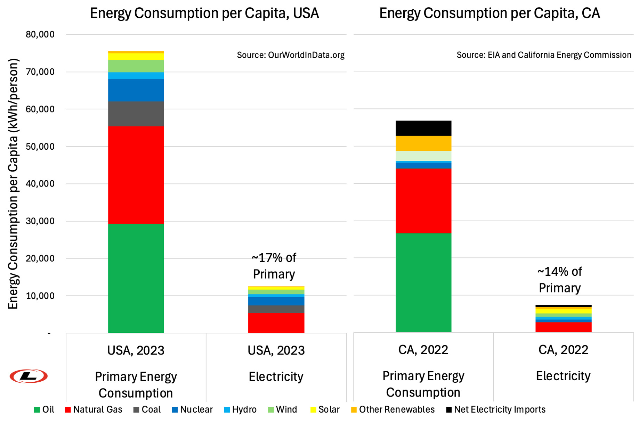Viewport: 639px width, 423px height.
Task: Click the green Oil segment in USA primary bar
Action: pyautogui.click(x=136, y=278)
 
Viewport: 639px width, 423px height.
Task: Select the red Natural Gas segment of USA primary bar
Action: pyautogui.click(x=136, y=175)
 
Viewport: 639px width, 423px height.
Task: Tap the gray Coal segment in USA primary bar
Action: pyautogui.click(x=136, y=114)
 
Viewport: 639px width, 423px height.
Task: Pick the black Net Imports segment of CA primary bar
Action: pyautogui.click(x=423, y=128)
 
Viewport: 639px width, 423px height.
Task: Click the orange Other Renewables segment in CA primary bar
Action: pyautogui.click(x=423, y=143)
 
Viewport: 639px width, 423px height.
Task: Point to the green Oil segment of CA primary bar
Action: pyautogui.click(x=423, y=282)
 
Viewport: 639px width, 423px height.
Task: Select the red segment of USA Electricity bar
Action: pyautogui.click(x=276, y=323)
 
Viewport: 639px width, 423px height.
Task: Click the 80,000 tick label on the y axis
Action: pyautogui.click(x=40, y=34)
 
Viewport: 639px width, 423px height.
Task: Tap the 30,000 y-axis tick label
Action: pyautogui.click(x=40, y=221)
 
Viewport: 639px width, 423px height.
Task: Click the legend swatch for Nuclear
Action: pyautogui.click(x=175, y=410)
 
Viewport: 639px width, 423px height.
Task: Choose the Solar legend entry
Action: pyautogui.click(x=325, y=410)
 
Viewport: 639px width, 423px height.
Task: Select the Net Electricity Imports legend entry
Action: pyautogui.click(x=496, y=410)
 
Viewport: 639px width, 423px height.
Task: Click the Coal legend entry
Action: pyautogui.click(x=147, y=410)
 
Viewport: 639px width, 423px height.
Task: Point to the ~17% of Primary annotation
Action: pyautogui.click(x=274, y=266)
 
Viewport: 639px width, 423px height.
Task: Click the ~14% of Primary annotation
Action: pyautogui.click(x=559, y=280)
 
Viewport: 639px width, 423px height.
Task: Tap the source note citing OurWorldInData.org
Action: pyautogui.click(x=291, y=55)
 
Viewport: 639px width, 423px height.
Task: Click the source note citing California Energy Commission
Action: pyautogui.click(x=544, y=55)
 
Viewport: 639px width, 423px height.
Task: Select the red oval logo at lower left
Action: pyautogui.click(x=29, y=376)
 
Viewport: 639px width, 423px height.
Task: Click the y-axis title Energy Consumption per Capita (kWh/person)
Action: pyautogui.click(x=13, y=184)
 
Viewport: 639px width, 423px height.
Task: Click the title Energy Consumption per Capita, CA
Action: pyautogui.click(x=490, y=13)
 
